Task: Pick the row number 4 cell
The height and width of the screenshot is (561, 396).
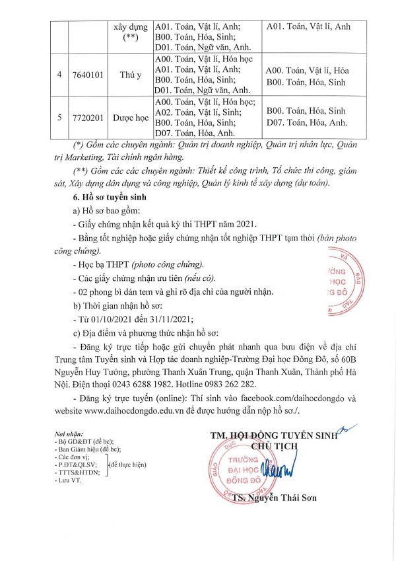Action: pyautogui.click(x=59, y=75)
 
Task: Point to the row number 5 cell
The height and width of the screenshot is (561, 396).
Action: pyautogui.click(x=59, y=117)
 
